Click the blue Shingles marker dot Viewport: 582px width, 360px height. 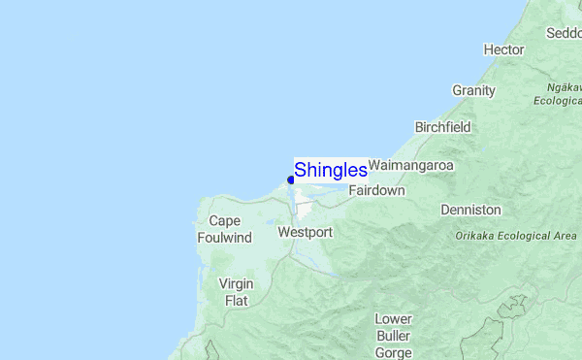coord(291,180)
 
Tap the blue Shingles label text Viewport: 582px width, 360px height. coord(330,170)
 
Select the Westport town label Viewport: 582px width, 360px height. coord(305,233)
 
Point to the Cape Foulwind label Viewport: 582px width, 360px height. coord(224,229)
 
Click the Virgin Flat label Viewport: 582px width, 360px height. coord(236,292)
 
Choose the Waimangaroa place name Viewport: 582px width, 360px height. coord(411,166)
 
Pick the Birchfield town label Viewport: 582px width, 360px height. coord(442,127)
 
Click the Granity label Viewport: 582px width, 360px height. coord(473,90)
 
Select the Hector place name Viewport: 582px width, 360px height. coord(503,49)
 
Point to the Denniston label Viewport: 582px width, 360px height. coord(470,210)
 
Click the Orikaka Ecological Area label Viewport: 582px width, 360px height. coord(516,236)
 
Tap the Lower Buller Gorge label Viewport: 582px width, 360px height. coord(394,336)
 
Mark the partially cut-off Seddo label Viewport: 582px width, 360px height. coord(564,32)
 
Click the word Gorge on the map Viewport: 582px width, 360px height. coord(394,353)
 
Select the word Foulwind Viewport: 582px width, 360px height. coord(224,238)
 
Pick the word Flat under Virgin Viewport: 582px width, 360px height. coord(236,301)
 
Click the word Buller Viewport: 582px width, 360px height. coord(394,336)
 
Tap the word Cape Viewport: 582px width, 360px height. coord(224,221)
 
